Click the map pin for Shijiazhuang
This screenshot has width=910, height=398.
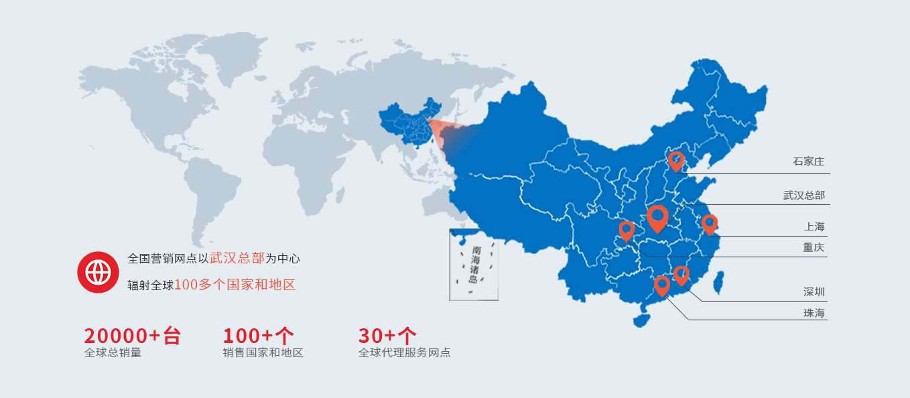coord(676,161)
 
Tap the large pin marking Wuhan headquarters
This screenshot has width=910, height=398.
coord(657,217)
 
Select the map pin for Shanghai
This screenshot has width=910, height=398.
coord(710,224)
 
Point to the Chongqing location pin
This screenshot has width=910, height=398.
coord(627,230)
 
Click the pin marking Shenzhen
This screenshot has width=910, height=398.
coord(681,275)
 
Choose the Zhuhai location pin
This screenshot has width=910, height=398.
coord(662,285)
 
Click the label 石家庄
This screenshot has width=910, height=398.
coord(808,161)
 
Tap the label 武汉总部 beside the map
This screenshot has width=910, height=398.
coord(804,196)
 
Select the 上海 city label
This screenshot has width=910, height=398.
coord(814,226)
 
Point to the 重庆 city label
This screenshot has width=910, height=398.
coord(814,248)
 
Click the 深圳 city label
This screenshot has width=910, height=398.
coord(814,292)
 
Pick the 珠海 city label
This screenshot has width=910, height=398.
coord(814,313)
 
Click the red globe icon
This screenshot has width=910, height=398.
coord(98,272)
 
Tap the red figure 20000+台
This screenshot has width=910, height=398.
coord(132,336)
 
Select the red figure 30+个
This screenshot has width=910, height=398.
coord(387,336)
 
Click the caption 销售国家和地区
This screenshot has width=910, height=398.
coord(263,353)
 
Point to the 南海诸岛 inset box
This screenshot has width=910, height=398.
coord(474,265)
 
